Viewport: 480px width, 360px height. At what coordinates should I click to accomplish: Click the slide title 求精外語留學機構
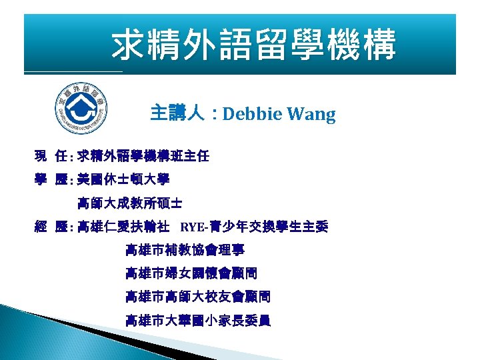[253, 44]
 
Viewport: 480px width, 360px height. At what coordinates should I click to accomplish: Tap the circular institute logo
[81, 107]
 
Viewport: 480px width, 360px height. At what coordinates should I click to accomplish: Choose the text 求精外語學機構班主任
[143, 157]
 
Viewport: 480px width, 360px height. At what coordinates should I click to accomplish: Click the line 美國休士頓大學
[123, 179]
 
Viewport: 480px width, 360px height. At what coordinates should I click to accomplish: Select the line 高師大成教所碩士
[130, 202]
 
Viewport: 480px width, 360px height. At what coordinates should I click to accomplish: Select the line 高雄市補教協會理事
[185, 250]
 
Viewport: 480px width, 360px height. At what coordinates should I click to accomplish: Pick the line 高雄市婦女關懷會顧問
[191, 273]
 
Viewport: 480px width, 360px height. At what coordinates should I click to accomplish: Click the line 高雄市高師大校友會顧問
[198, 297]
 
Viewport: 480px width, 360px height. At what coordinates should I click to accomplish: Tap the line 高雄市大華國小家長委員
[198, 321]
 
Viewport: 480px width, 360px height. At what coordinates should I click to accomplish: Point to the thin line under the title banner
[73, 71]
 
